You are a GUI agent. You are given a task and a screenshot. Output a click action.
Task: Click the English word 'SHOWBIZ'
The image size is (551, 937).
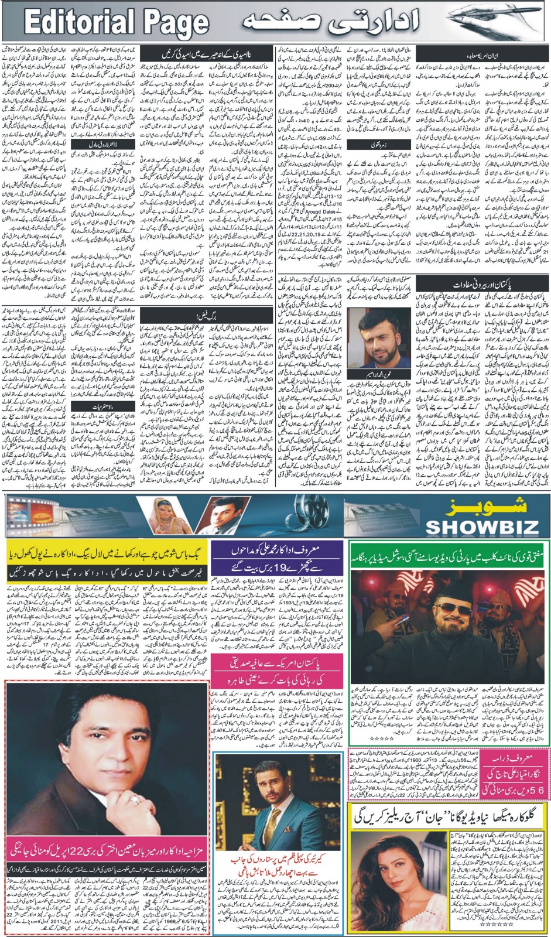pos(481,525)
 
